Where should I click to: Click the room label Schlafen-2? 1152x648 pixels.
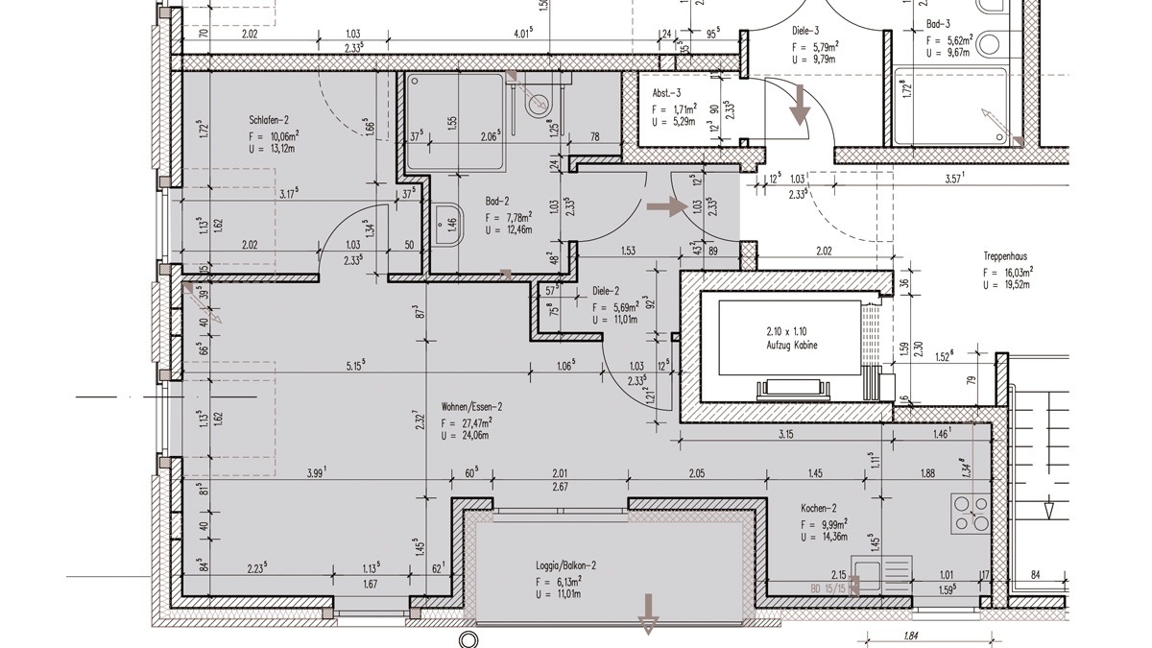tap(269, 120)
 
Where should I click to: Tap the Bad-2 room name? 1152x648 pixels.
tap(496, 203)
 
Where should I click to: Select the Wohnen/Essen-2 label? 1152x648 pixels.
tap(472, 406)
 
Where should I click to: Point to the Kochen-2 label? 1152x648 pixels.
tap(819, 509)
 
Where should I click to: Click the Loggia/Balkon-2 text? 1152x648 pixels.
tap(566, 566)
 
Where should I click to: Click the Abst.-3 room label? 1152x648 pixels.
tap(666, 93)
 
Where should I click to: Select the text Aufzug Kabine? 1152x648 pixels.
tap(792, 345)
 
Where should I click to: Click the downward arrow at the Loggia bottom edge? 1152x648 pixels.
tap(649, 612)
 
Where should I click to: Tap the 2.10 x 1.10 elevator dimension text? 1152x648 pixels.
tap(792, 329)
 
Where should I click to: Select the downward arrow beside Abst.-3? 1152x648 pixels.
tap(799, 106)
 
